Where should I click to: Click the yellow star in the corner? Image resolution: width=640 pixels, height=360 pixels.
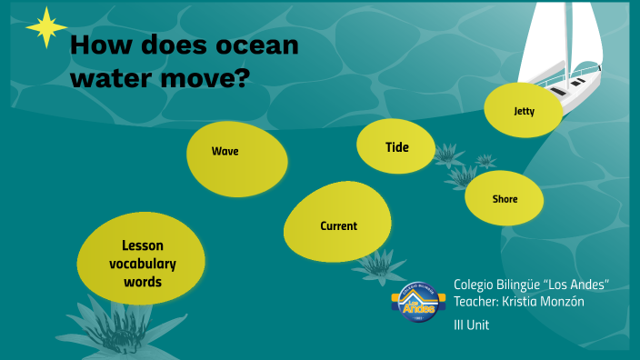[x=45, y=27]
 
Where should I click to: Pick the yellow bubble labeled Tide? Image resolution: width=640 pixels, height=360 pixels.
[x=395, y=145]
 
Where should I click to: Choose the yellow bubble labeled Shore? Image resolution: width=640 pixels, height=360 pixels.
[x=505, y=198]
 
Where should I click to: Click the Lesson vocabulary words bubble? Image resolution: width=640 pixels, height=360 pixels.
[x=141, y=263]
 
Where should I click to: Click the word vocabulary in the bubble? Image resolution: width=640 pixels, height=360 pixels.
[x=143, y=264]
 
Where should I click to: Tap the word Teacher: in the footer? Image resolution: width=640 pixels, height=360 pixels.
[x=478, y=302]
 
